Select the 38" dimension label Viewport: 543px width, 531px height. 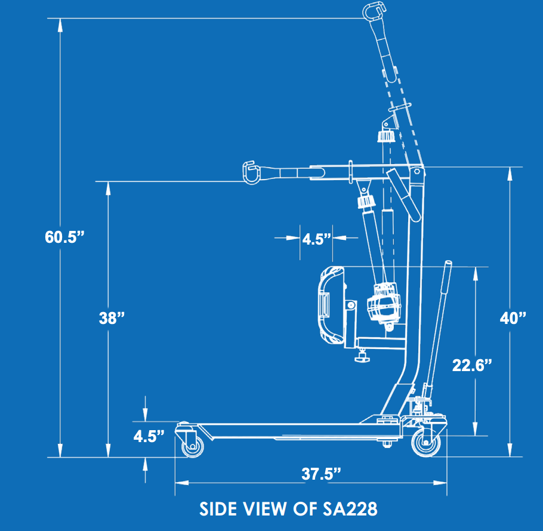pyautogui.click(x=112, y=318)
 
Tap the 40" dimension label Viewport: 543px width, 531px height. pyautogui.click(x=513, y=317)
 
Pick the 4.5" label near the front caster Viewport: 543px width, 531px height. pyautogui.click(x=149, y=436)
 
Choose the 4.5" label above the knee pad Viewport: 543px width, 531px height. pyautogui.click(x=316, y=239)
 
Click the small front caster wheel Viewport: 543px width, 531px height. pyautogui.click(x=192, y=447)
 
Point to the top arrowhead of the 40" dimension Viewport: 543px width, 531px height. pyautogui.click(x=509, y=172)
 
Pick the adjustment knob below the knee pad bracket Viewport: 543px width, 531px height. pyautogui.click(x=362, y=358)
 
